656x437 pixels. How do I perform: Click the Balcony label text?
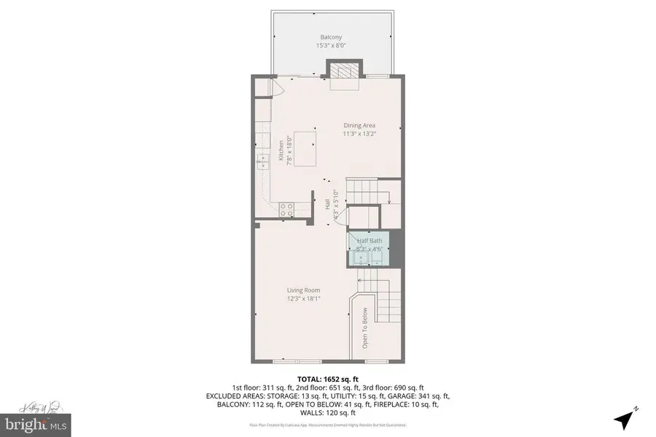[x=330, y=37]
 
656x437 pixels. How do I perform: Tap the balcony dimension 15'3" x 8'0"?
[x=330, y=46]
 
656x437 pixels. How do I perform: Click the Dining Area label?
[x=359, y=125]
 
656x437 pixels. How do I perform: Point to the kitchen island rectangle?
[x=307, y=150]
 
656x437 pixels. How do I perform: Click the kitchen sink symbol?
[x=262, y=162]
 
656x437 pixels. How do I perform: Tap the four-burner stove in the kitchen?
[x=286, y=209]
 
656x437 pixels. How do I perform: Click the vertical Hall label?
[x=327, y=206]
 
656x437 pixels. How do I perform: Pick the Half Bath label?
[x=369, y=240]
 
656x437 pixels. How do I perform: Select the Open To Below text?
[x=365, y=328]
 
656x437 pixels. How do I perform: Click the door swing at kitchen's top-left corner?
[x=275, y=87]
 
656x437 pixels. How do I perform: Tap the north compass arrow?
[x=625, y=419]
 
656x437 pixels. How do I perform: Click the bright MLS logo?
[x=30, y=422]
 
